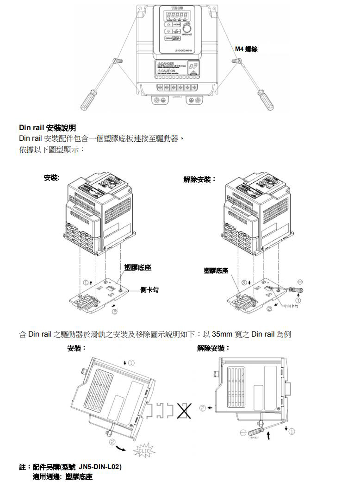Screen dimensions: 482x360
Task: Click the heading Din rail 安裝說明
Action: (x=47, y=128)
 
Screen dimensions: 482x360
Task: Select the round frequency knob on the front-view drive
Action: (x=186, y=28)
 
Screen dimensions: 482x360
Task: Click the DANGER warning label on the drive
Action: (x=167, y=64)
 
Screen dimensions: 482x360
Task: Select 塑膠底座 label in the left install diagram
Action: (x=138, y=268)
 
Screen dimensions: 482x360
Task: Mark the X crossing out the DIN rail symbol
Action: (x=185, y=410)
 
